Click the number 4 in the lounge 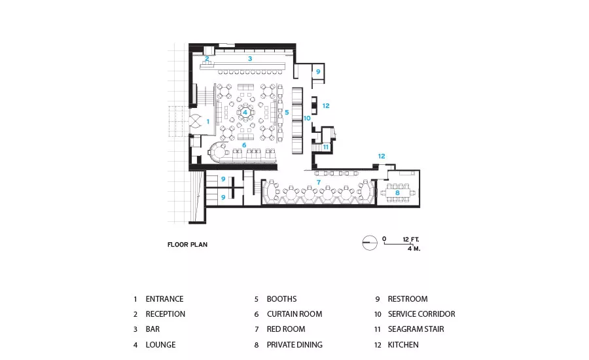click(x=245, y=112)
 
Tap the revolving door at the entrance click(x=196, y=121)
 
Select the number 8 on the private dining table click(x=397, y=193)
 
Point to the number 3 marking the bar click(x=250, y=59)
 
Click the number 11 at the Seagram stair click(x=325, y=147)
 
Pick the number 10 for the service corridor click(x=307, y=118)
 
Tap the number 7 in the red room click(x=319, y=183)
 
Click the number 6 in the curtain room click(x=244, y=145)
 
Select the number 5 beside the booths click(x=287, y=112)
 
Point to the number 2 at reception click(x=207, y=59)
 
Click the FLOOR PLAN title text click(x=187, y=245)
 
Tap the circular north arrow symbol click(x=370, y=243)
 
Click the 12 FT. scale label click(x=410, y=240)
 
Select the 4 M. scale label click(x=414, y=248)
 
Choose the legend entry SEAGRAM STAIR click(x=416, y=329)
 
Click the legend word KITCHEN click(x=403, y=344)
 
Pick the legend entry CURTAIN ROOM click(x=294, y=314)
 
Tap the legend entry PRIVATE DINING click(x=294, y=344)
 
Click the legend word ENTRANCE click(x=164, y=298)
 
